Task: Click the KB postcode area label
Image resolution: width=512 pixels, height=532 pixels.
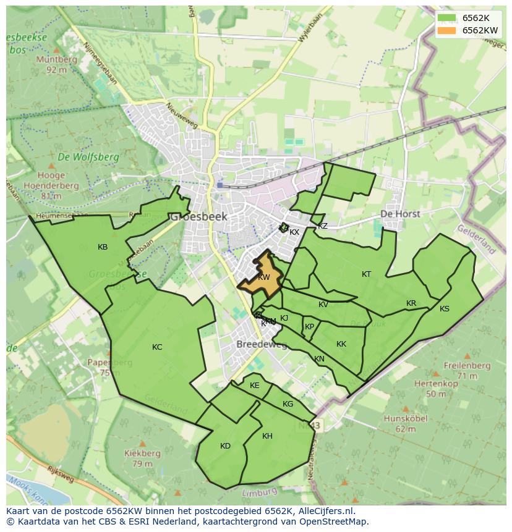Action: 103,247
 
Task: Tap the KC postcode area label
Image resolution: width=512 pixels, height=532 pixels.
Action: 157,347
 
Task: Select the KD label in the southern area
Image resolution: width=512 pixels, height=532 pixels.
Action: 225,446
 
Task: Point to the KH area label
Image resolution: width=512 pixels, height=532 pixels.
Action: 267,436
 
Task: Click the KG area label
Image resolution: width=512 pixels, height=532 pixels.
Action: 288,404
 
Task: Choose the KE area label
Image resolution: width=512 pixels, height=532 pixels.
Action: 255,386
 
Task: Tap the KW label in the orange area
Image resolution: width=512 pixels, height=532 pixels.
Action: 264,277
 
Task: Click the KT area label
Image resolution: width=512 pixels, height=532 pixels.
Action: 367,274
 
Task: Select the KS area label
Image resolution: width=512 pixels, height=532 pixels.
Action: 445,309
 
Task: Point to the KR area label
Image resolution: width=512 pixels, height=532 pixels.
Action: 411,303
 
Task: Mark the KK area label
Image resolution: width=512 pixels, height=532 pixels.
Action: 341,344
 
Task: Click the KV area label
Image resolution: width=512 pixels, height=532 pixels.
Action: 323,305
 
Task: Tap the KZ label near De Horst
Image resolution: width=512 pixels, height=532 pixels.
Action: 323,226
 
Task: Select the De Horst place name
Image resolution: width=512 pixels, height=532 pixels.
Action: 400,214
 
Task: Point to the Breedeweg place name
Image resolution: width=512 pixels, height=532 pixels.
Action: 262,345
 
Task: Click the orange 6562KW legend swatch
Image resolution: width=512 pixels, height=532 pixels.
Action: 446,30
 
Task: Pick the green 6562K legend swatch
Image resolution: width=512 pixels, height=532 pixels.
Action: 446,18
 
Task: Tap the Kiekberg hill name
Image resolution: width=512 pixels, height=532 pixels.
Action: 142,454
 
